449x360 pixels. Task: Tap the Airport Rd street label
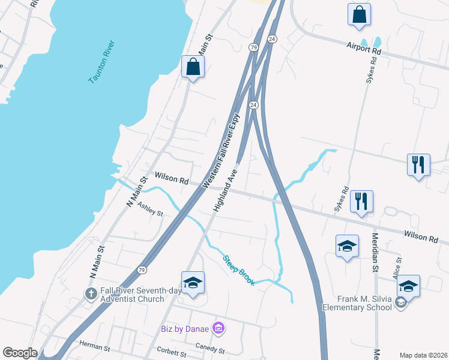(364, 48)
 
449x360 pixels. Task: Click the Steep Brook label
(239, 271)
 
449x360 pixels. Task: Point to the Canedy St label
(209, 348)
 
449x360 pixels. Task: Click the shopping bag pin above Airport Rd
(359, 16)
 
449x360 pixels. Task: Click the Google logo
(20, 353)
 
